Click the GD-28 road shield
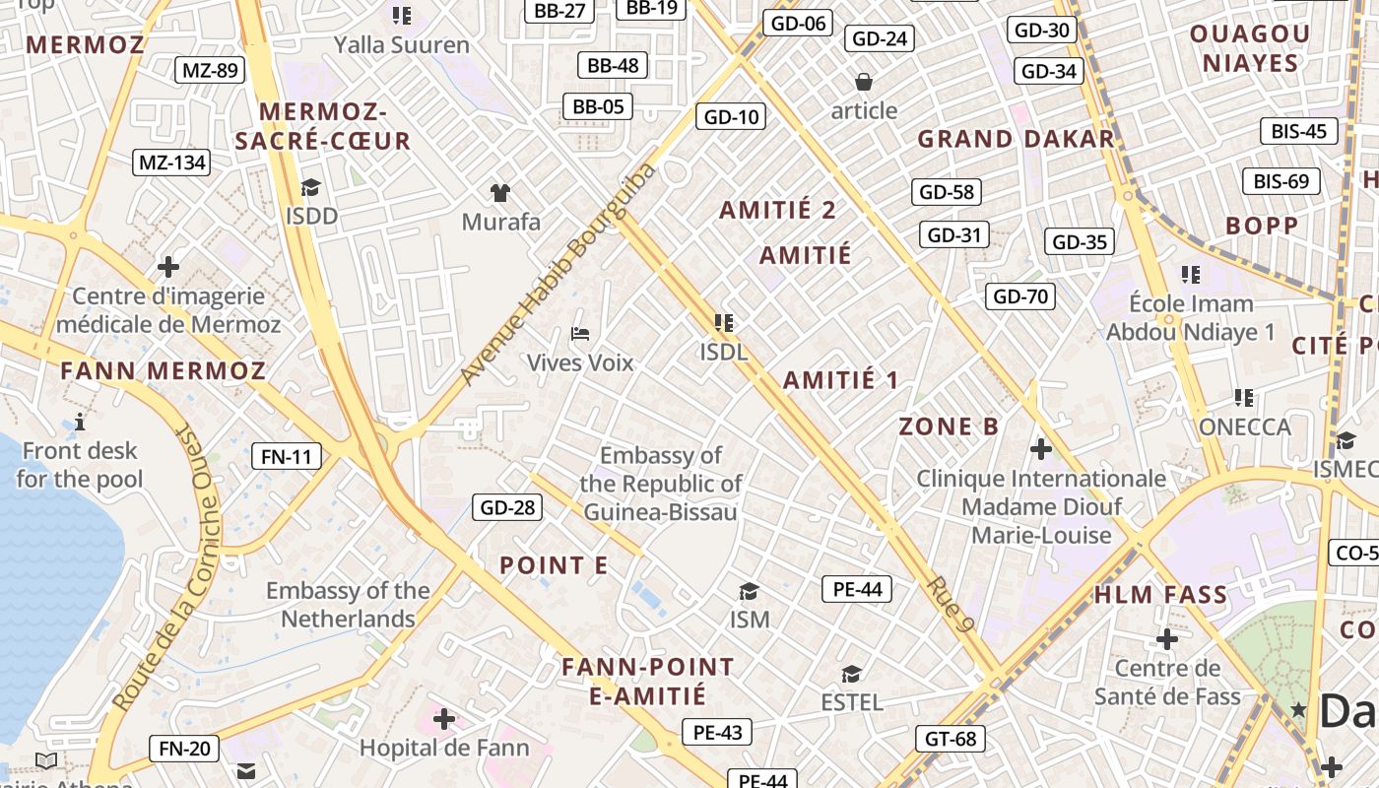(x=507, y=507)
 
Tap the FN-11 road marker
(x=287, y=456)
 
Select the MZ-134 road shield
(x=171, y=163)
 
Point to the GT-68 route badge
(x=952, y=738)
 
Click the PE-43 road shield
(x=717, y=732)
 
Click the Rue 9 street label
(x=951, y=603)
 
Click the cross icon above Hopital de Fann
(x=444, y=719)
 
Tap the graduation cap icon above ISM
(x=749, y=591)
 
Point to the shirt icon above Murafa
(x=500, y=192)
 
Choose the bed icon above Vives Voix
(x=580, y=334)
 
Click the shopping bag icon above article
(x=864, y=82)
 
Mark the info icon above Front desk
(x=80, y=423)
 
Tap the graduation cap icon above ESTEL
(x=851, y=674)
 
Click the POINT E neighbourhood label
(x=554, y=565)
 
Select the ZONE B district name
(x=949, y=427)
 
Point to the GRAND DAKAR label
(x=1016, y=139)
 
